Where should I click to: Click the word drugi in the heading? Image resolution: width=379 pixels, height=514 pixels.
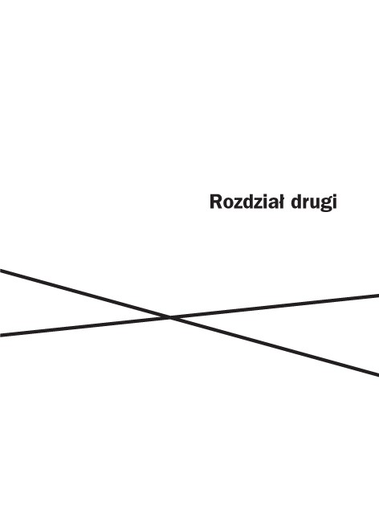pyautogui.click(x=314, y=203)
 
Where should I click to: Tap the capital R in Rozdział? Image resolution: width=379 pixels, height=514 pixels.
pyautogui.click(x=216, y=202)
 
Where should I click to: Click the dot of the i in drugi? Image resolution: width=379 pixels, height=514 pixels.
pyautogui.click(x=335, y=196)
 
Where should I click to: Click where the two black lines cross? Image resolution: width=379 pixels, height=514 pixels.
pyautogui.click(x=170, y=317)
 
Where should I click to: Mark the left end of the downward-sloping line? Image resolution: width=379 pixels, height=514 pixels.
pyautogui.click(x=0, y=270)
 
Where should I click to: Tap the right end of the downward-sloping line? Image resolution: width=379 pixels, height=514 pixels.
pyautogui.click(x=378, y=375)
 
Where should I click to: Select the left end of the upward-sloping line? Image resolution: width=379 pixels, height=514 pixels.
pyautogui.click(x=0, y=335)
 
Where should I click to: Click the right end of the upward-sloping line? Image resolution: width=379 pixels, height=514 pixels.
pyautogui.click(x=378, y=296)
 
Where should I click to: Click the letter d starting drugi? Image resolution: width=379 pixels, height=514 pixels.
pyautogui.click(x=296, y=202)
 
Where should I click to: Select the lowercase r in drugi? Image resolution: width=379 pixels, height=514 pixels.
pyautogui.click(x=304, y=204)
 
